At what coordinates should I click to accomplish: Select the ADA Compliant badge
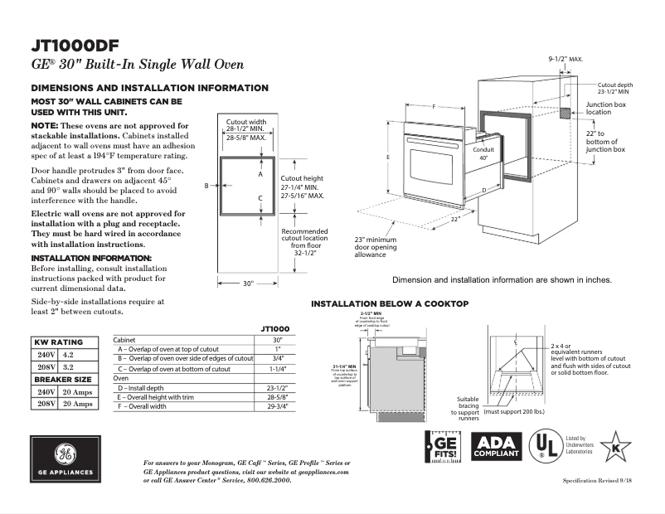pyautogui.click(x=496, y=448)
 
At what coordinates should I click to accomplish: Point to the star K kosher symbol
pyautogui.click(x=615, y=447)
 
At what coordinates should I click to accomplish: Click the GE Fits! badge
pyautogui.click(x=440, y=448)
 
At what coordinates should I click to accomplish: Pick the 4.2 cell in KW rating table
pyautogui.click(x=68, y=354)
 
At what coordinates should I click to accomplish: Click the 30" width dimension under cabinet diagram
pyautogui.click(x=248, y=284)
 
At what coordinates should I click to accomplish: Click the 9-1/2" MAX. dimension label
pyautogui.click(x=566, y=60)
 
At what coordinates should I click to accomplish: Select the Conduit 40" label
pyautogui.click(x=483, y=153)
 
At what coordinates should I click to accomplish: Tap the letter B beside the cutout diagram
pyautogui.click(x=206, y=187)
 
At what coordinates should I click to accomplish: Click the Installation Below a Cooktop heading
pyautogui.click(x=390, y=304)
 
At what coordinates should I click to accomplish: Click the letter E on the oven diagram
pyautogui.click(x=388, y=156)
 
